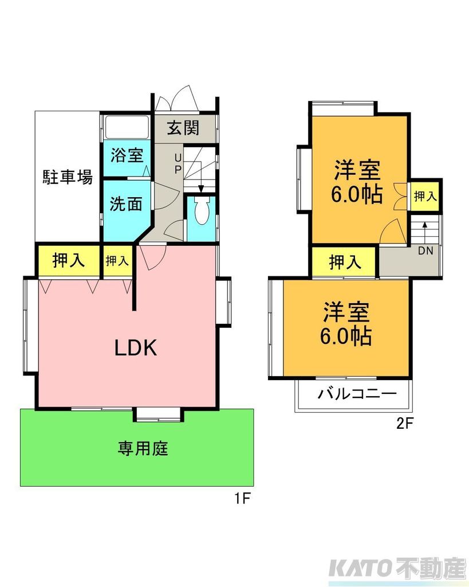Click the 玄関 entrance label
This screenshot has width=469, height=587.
click(183, 128)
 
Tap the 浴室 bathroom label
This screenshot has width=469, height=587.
click(127, 156)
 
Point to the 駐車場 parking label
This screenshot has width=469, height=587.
click(68, 177)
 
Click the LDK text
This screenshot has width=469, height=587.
click(135, 348)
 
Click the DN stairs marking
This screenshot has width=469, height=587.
click(425, 251)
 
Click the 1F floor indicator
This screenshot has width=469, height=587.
click(243, 498)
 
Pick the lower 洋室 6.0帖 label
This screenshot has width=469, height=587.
click(346, 324)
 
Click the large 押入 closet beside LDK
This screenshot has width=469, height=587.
click(69, 261)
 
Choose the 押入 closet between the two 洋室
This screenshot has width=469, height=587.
click(345, 263)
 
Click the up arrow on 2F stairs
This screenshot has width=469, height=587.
click(424, 226)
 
